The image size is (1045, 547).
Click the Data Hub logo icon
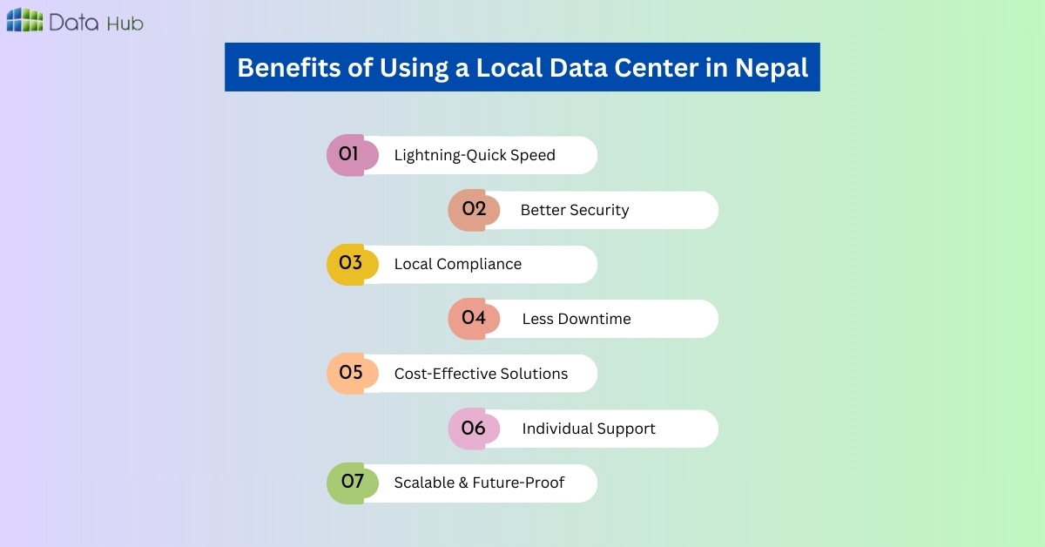pos(24,21)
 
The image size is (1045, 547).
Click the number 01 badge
pos(350,155)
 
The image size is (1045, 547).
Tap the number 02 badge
pos(474,210)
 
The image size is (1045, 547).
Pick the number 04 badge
pos(474,319)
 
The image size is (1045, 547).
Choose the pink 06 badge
pos(474,429)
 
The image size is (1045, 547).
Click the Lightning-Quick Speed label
pos(475,155)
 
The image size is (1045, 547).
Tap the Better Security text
pos(575,210)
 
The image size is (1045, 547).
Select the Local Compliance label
pos(458,264)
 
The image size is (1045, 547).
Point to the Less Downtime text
pos(576,319)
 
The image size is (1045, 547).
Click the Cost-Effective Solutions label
pos(481,374)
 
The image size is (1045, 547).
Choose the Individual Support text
pos(589,429)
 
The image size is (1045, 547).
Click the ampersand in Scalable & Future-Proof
pos(462,483)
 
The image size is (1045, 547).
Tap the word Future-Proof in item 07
pos(518,483)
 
